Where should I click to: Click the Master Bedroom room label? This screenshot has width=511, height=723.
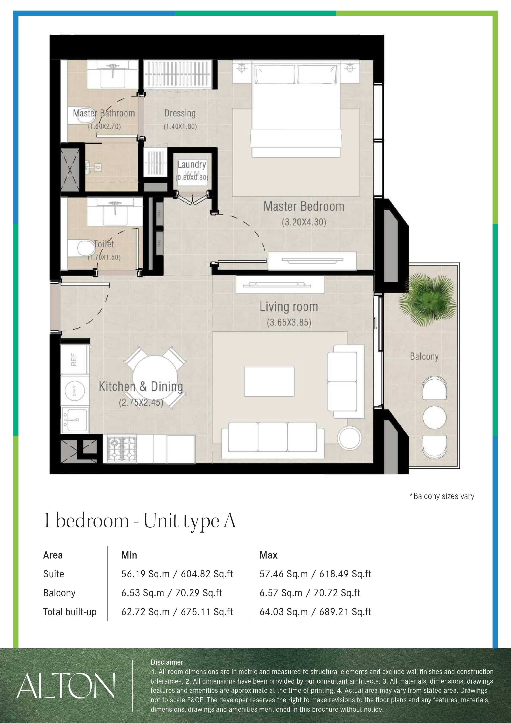(x=304, y=207)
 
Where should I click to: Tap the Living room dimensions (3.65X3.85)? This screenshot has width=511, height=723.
(x=289, y=323)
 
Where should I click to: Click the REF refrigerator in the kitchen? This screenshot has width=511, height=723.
(x=75, y=359)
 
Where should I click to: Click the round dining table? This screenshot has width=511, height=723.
(x=155, y=378)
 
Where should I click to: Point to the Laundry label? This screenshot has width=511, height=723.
(x=192, y=164)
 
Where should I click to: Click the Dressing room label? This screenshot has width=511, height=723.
(x=180, y=113)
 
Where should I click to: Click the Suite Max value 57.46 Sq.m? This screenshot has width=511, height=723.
(x=283, y=574)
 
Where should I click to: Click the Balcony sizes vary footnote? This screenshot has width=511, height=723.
(x=442, y=496)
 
